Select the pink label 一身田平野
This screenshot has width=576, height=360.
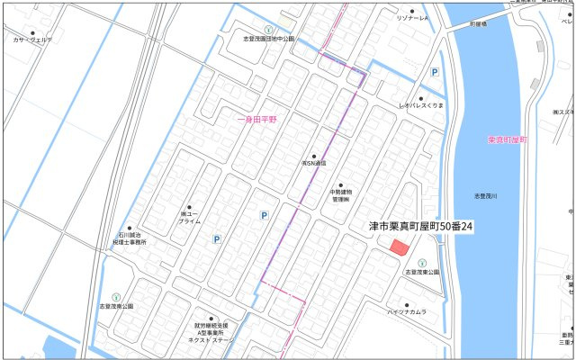pyautogui.click(x=258, y=118)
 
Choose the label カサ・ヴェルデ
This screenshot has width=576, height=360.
pyautogui.click(x=32, y=40)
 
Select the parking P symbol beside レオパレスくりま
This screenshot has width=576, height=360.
pyautogui.click(x=434, y=73)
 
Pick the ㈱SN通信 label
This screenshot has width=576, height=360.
pyautogui.click(x=313, y=163)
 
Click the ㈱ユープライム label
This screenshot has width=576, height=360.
pyautogui.click(x=189, y=216)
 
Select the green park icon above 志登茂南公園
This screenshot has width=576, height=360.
pyautogui.click(x=115, y=296)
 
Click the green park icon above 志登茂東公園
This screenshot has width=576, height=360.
pyautogui.click(x=421, y=263)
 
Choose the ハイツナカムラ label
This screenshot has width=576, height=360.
pyautogui.click(x=407, y=311)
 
